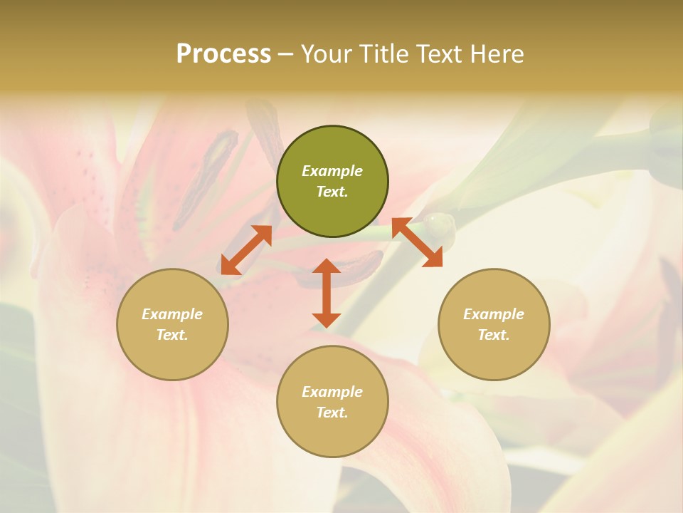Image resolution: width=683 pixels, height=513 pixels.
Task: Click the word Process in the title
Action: (x=223, y=54)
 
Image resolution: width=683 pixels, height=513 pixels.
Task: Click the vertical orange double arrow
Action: (x=327, y=293)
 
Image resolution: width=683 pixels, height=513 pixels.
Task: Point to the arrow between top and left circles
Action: (x=246, y=250)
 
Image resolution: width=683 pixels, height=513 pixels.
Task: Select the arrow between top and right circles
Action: (x=418, y=242)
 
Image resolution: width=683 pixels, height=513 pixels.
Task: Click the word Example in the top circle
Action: (x=332, y=171)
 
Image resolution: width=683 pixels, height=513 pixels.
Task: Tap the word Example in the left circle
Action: (x=172, y=314)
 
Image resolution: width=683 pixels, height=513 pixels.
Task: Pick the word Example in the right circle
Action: (x=494, y=314)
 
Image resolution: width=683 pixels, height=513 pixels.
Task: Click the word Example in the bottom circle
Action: (x=332, y=392)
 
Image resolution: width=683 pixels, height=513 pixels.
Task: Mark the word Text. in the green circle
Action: (x=332, y=192)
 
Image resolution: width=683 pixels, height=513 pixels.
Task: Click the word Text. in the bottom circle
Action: (x=332, y=413)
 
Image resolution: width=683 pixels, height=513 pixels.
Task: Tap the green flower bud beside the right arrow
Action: (x=438, y=227)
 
